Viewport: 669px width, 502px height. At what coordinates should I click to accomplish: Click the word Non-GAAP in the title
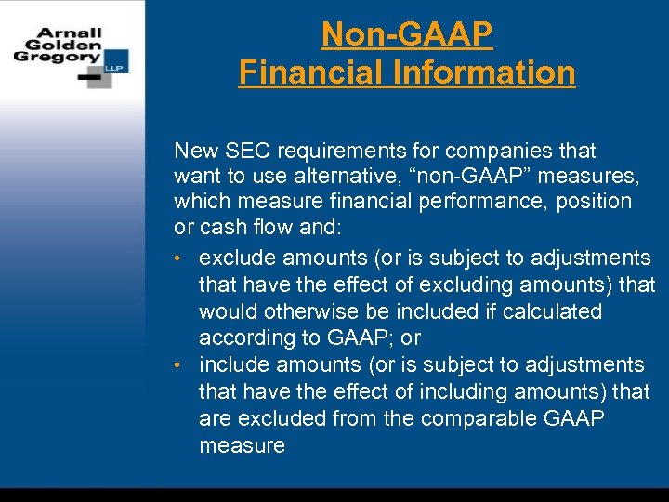[x=406, y=35]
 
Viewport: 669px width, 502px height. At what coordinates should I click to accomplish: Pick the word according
[x=245, y=337]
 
